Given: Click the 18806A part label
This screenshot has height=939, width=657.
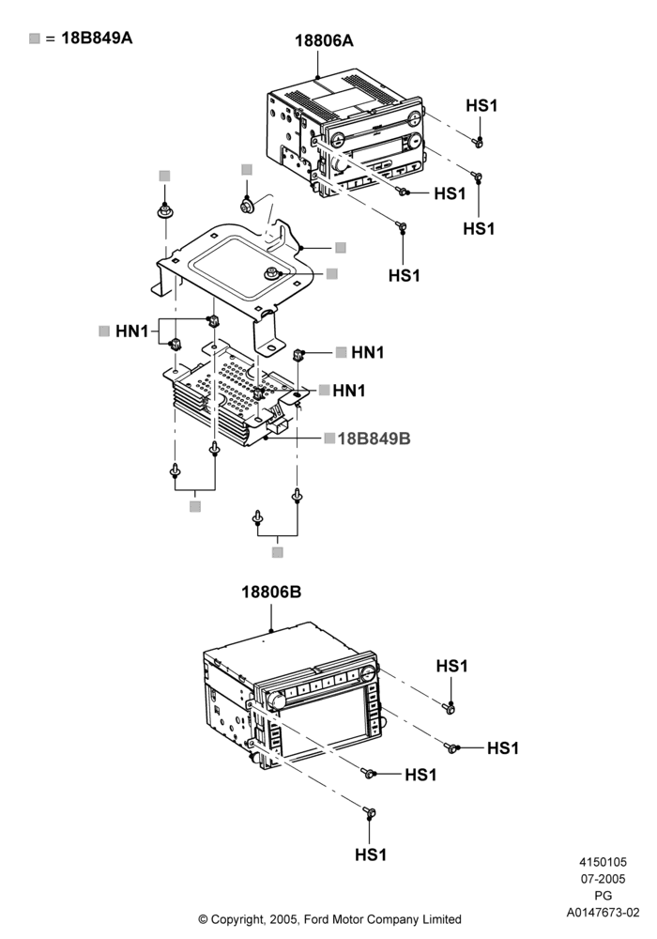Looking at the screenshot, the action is point(324,40).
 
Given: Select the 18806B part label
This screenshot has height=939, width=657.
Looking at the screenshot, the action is point(271,593).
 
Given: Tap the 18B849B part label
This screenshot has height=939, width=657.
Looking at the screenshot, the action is point(374,439).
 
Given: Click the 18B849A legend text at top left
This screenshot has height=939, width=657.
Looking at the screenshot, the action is point(97,38).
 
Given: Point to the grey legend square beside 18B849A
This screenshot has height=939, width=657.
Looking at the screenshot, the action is point(35,38).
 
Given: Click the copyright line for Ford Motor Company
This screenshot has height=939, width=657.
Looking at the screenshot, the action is point(329,919).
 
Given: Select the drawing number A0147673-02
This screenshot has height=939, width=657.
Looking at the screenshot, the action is point(604,913).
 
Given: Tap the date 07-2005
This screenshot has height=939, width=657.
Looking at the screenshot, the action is point(604,879).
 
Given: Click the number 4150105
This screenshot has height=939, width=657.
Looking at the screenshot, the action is point(604,862).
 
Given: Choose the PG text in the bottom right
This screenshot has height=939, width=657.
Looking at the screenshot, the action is point(604,896).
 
